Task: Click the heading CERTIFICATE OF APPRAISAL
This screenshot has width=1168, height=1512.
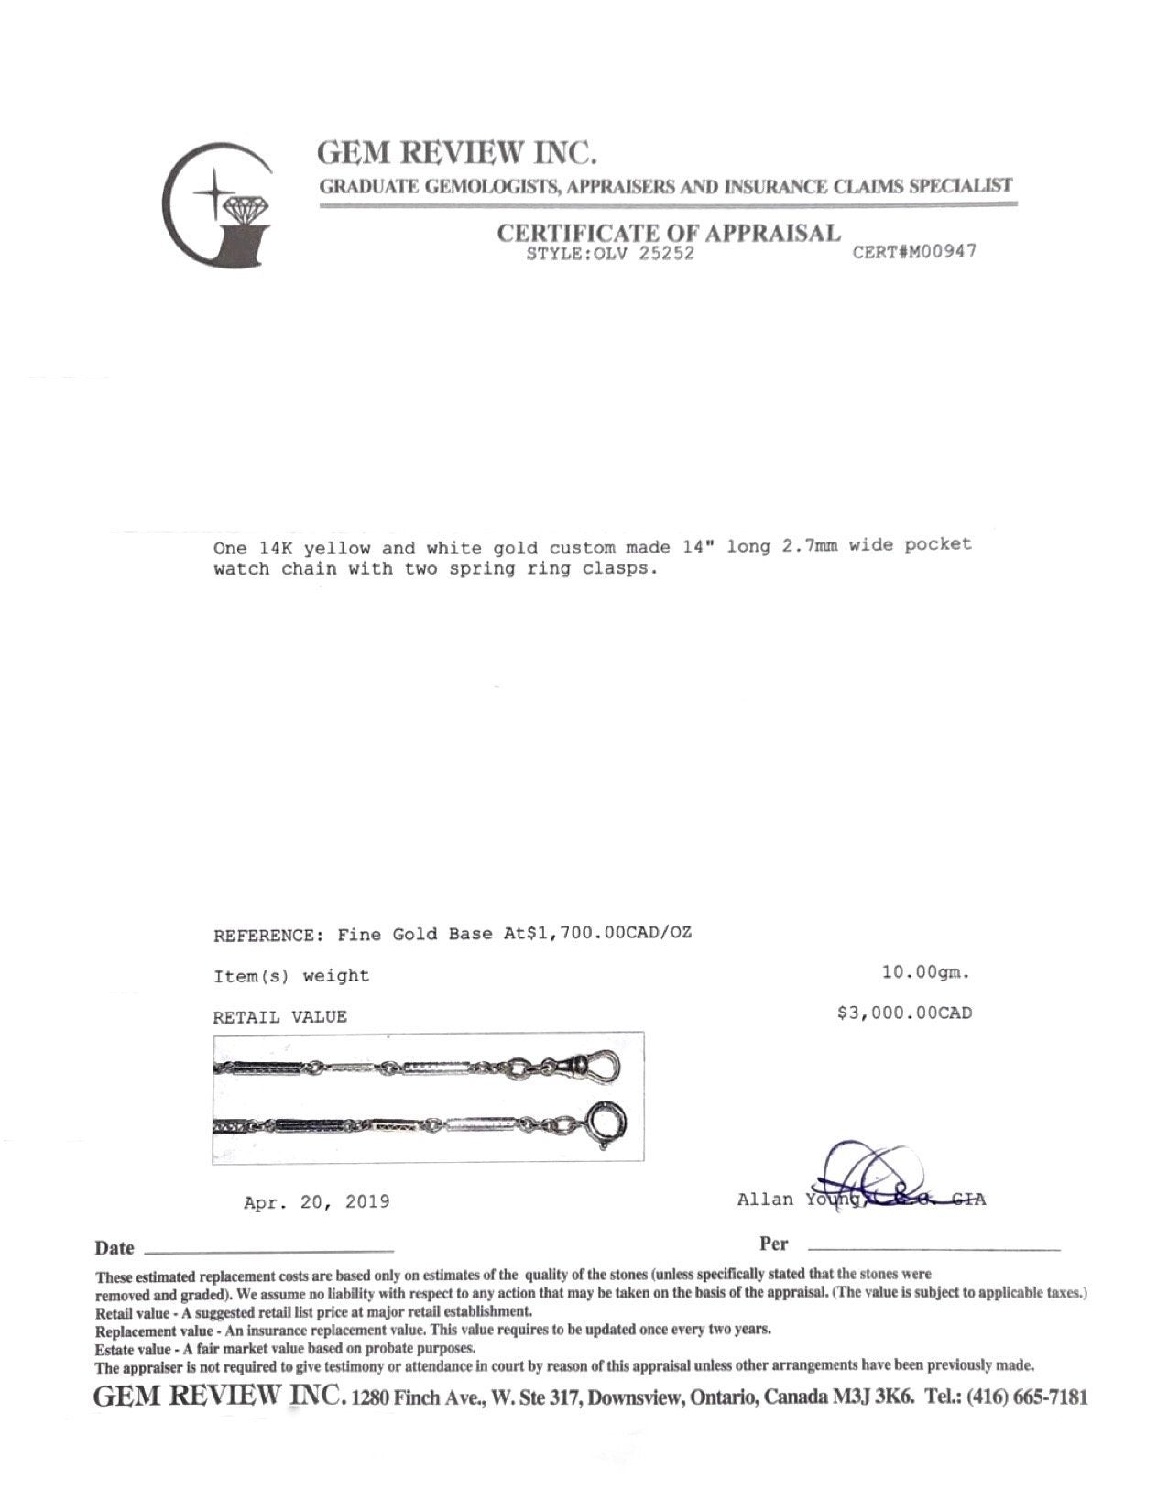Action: point(669,233)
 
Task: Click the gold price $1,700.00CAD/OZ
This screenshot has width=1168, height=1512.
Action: point(605,935)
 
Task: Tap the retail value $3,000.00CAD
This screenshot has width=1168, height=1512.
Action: point(904,1013)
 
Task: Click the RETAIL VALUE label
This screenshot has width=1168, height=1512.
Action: point(280,1017)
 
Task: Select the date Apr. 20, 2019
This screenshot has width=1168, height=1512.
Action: point(317,1201)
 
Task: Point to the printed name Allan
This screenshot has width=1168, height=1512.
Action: point(765,1200)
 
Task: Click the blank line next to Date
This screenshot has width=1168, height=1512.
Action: point(269,1249)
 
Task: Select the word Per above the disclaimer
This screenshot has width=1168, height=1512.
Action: point(773,1244)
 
